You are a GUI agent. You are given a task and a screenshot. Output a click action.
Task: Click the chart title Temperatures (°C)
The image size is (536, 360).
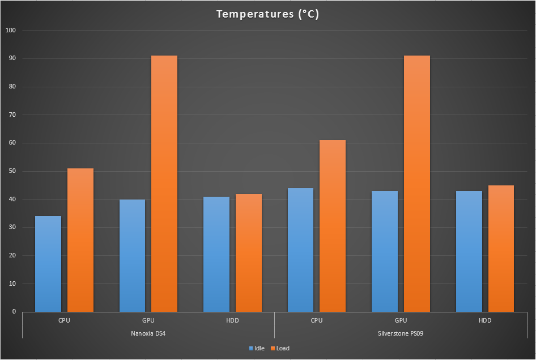coord(267,14)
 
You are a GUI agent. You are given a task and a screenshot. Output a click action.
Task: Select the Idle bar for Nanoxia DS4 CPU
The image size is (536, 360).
coord(48,264)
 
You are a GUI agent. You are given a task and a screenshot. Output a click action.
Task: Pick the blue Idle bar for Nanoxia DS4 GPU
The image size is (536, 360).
coord(132,255)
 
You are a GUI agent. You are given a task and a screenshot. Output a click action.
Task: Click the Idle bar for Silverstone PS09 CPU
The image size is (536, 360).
coord(300,249)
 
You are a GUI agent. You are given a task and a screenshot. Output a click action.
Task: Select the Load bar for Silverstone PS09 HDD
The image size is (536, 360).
coord(501,248)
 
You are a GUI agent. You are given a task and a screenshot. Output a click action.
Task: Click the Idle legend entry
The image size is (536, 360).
coord(257,348)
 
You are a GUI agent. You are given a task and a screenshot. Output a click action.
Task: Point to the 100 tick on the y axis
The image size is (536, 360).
coord(11,30)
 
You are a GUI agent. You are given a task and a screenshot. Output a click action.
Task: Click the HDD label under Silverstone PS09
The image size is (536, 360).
coord(485,320)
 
